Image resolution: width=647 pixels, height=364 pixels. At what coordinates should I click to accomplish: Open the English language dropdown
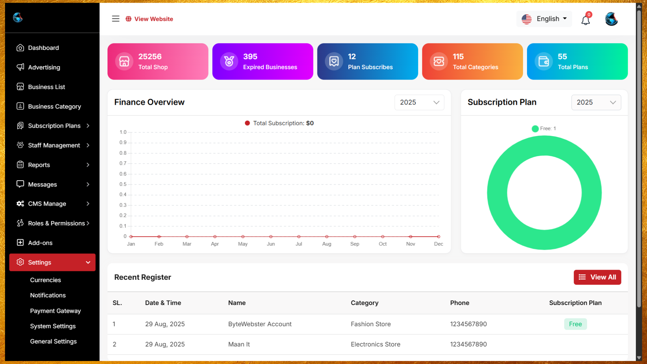pos(544,19)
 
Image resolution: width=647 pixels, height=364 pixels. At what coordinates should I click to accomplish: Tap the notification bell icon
pos(585,20)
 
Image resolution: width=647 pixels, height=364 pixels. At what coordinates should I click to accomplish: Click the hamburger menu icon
pos(116,19)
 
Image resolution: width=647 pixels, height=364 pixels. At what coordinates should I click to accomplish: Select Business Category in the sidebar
pos(54,107)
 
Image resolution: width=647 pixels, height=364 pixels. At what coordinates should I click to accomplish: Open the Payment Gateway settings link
pos(55,311)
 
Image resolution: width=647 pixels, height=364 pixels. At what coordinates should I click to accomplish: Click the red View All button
pos(597,277)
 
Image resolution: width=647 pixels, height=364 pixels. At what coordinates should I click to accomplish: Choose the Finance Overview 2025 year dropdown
pos(419,102)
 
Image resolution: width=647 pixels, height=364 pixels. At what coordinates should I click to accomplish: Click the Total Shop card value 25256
pos(150,57)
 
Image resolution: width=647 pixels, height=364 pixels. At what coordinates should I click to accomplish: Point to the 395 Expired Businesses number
pos(250,57)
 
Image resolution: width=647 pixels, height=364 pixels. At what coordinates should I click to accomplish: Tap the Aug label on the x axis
pos(327,244)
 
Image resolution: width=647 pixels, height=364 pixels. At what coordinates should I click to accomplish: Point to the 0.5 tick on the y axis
pos(123,184)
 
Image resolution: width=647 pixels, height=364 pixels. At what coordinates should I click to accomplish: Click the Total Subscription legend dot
pos(247,123)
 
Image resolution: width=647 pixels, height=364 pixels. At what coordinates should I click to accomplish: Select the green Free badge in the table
pos(575,324)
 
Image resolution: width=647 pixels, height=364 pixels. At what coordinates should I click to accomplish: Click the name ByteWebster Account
pos(259,324)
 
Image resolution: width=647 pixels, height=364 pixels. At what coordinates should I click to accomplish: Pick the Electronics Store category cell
pos(375,344)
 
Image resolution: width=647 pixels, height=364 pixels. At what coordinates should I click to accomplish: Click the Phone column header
pos(460,303)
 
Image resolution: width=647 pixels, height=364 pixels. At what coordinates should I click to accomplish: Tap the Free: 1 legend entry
pos(544,128)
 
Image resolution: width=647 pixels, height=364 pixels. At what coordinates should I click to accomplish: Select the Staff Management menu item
pos(54,145)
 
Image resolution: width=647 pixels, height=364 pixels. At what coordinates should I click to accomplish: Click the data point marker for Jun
pos(271,237)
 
